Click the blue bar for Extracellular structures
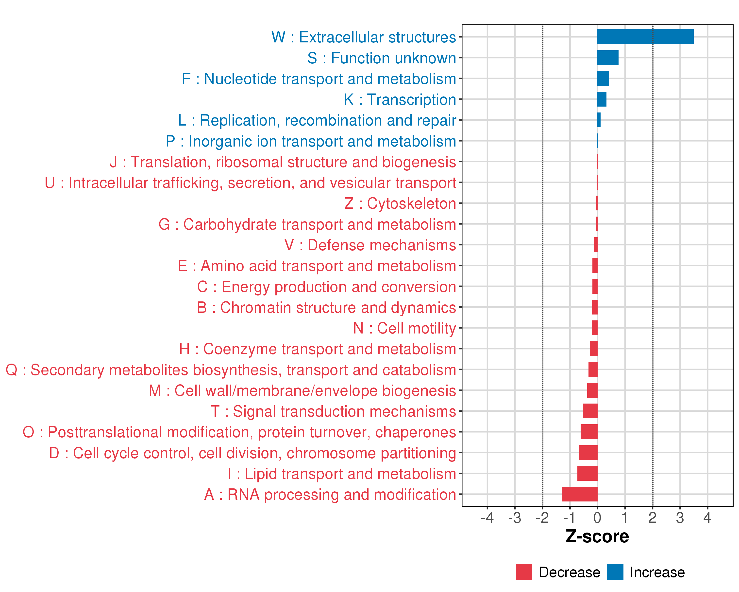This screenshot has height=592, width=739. pos(645,37)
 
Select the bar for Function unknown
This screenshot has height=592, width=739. pos(608,58)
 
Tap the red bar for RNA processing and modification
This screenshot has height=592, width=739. pos(580,494)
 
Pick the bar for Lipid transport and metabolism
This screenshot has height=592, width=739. pos(587,473)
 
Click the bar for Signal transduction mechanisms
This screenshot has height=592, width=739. pos(590,411)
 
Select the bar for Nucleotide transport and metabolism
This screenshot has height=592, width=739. pos(603,79)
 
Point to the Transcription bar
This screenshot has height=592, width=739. pos(602,99)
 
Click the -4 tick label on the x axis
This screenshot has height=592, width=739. pos(487,518)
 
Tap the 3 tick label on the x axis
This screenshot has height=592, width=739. pos(680,518)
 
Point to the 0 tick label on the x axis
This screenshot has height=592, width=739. pos(597,518)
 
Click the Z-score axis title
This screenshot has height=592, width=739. pos(597,536)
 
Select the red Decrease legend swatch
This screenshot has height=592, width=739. pos(524,572)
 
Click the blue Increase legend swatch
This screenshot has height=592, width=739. pos(615,572)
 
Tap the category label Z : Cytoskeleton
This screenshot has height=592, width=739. pos(400,203)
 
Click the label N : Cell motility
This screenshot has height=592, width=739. pos(404,328)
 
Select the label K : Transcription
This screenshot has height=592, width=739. pos(400,99)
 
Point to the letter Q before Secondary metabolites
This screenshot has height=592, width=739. pos(12,370)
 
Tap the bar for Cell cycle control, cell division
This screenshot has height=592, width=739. pos(588,453)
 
